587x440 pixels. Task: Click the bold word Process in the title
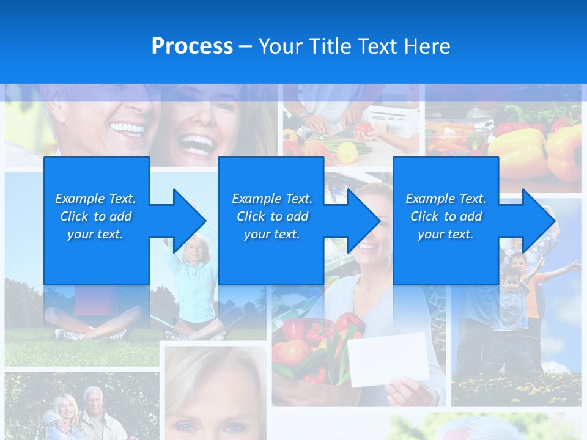click(x=192, y=46)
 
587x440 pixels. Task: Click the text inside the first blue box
click(x=95, y=216)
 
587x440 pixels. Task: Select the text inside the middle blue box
click(x=271, y=216)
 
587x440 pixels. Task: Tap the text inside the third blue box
click(x=446, y=216)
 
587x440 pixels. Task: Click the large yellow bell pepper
click(x=517, y=150)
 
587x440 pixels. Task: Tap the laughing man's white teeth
click(x=127, y=129)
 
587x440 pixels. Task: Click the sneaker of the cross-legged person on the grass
click(x=68, y=334)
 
